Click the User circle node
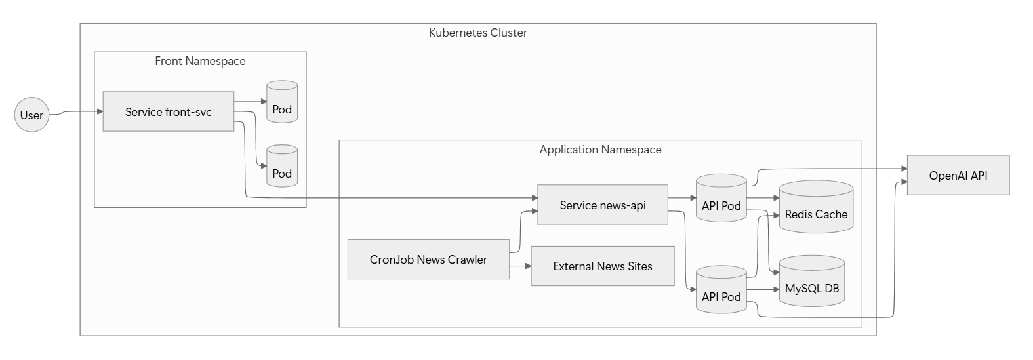point(31,115)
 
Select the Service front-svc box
point(169,111)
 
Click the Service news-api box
point(602,205)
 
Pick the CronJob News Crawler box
point(428,260)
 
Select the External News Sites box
point(602,266)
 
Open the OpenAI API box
point(958,175)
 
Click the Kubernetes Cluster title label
point(477,33)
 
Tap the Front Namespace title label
point(200,61)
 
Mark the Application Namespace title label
point(600,150)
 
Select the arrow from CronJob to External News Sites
point(520,266)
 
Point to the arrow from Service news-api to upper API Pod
point(682,197)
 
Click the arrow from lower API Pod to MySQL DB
point(762,289)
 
